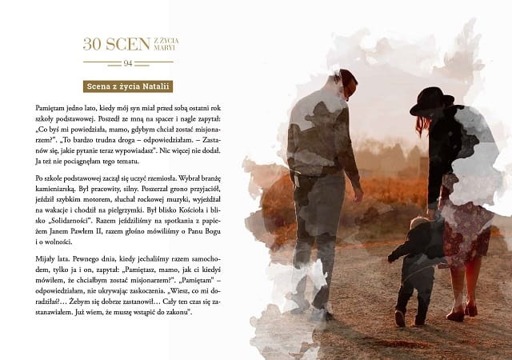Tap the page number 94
(x=128, y=63)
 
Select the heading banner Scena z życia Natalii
(x=129, y=86)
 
